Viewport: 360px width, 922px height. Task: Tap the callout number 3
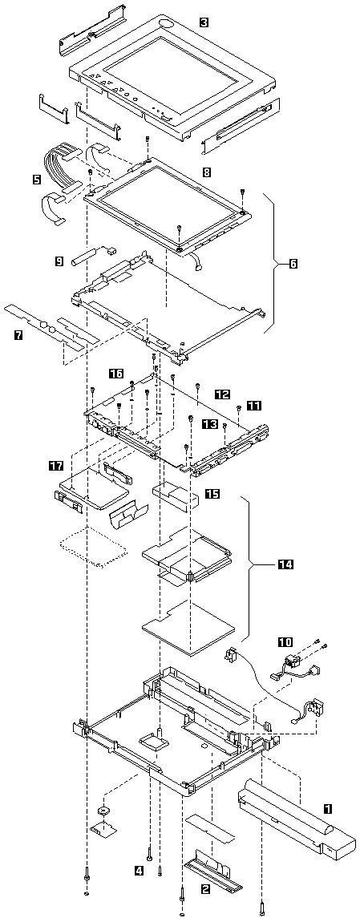[x=204, y=22]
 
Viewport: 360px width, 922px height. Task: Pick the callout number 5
[x=37, y=176]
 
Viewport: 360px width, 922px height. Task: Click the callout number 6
[x=293, y=265]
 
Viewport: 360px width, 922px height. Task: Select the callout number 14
[x=285, y=565]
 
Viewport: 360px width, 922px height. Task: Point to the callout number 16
[x=116, y=373]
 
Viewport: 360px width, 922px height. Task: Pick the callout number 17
[x=56, y=467]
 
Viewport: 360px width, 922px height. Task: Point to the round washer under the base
[x=104, y=811]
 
